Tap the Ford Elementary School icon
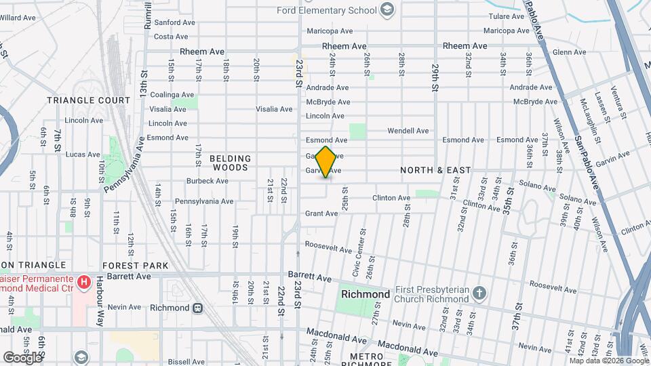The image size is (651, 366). [x=387, y=9]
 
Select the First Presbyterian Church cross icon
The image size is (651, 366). [x=479, y=293]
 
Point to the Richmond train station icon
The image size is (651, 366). [x=197, y=308]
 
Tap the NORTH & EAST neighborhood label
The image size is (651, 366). [x=435, y=170]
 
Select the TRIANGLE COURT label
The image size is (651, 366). [x=88, y=100]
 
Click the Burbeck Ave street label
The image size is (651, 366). [x=208, y=181]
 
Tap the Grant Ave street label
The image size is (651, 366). [x=321, y=213]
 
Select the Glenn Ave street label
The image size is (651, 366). [x=569, y=52]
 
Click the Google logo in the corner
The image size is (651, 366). [x=22, y=357]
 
